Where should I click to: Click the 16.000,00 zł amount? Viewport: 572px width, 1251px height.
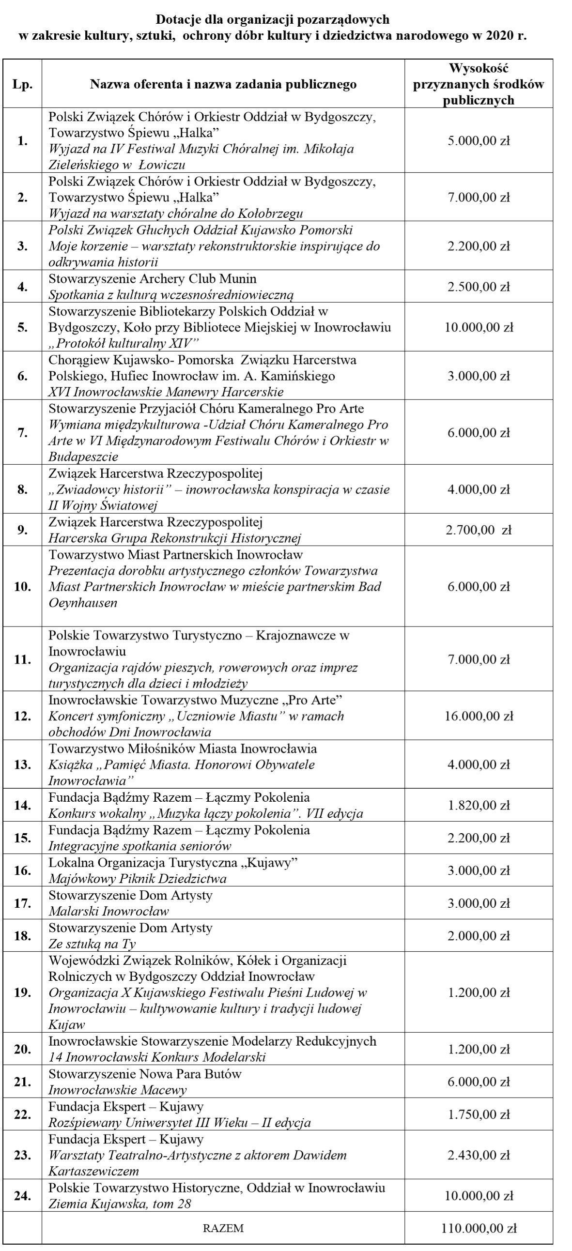(x=478, y=716)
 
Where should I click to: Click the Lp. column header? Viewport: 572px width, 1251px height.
(x=22, y=85)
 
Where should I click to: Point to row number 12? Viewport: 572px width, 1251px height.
(x=22, y=716)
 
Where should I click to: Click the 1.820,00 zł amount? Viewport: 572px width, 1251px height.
(x=478, y=805)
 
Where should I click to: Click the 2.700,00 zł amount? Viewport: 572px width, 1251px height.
(x=478, y=530)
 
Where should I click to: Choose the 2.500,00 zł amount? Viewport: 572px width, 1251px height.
(x=478, y=287)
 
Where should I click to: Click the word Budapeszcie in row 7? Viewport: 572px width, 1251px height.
(x=83, y=457)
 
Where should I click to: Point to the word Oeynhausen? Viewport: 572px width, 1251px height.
(x=83, y=603)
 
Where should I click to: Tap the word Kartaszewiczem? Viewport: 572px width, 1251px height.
(x=93, y=1171)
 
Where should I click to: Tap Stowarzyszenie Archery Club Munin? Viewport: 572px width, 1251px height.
(x=152, y=279)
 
